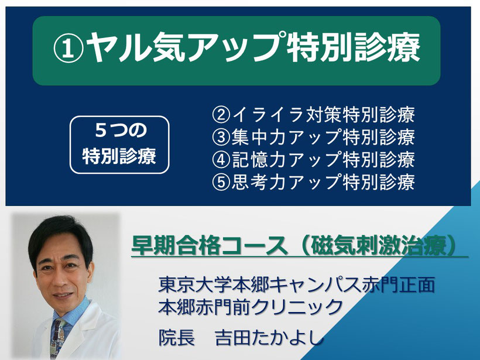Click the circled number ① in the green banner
click(x=68, y=49)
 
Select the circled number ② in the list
click(x=221, y=115)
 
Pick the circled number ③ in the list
click(x=221, y=137)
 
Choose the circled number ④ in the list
click(x=221, y=159)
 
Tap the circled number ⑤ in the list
click(x=221, y=182)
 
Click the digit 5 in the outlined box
click(x=101, y=130)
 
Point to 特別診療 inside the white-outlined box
click(x=119, y=156)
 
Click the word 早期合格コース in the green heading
click(x=209, y=245)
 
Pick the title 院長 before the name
click(x=177, y=337)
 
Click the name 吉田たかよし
click(x=269, y=337)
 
